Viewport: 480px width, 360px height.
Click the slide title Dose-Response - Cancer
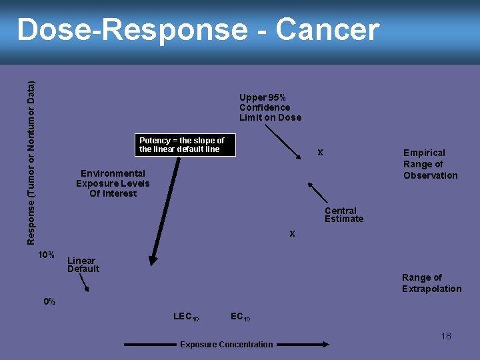tap(198, 30)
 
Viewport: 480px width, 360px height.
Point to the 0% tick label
tap(49, 301)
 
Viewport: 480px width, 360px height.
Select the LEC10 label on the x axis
tap(186, 316)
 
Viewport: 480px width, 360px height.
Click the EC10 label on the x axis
tap(240, 316)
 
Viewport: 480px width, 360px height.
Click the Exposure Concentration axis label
tap(226, 345)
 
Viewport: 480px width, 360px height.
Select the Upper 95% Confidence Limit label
tap(270, 107)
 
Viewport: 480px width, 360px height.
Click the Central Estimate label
tap(344, 215)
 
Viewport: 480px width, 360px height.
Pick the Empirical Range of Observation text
tap(430, 164)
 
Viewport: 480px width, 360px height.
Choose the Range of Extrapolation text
tap(431, 283)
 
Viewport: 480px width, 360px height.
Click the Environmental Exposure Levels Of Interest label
tap(113, 183)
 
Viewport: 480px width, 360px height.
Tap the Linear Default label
tap(83, 265)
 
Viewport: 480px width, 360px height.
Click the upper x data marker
tap(321, 153)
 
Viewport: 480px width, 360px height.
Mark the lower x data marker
tap(292, 234)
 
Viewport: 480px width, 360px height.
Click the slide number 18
tap(446, 336)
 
